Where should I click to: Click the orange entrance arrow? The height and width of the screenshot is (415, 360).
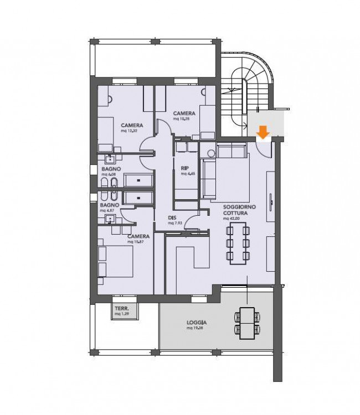[263, 132]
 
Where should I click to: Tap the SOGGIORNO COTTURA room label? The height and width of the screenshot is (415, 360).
[239, 210]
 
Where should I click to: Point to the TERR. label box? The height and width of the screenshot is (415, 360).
[121, 312]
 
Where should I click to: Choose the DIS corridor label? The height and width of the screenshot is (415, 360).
[172, 217]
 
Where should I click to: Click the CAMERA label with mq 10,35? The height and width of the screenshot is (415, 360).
[183, 113]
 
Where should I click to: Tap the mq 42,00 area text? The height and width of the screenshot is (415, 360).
[233, 219]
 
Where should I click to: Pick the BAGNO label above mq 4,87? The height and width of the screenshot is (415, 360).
[109, 205]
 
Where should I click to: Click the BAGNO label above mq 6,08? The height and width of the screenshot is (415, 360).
[111, 169]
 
